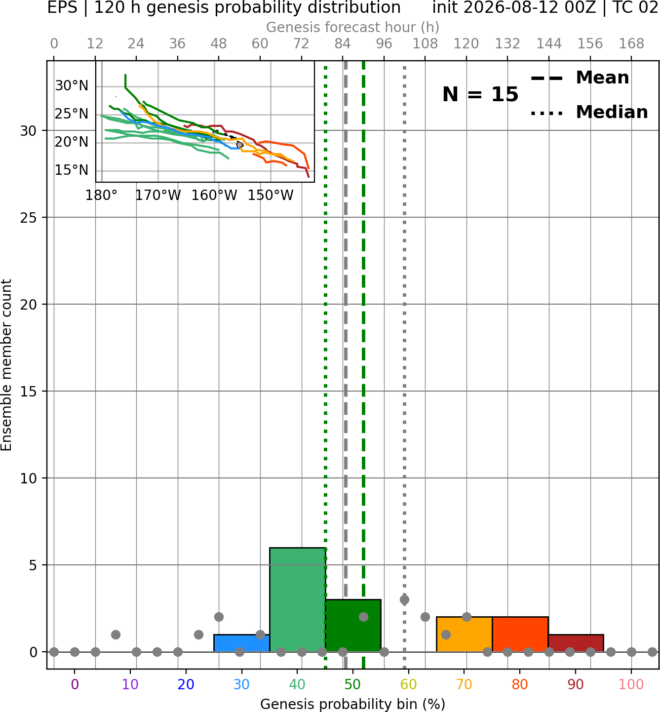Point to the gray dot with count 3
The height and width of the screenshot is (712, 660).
click(404, 599)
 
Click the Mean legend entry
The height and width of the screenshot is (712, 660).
click(580, 78)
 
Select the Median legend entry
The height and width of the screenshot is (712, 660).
click(589, 112)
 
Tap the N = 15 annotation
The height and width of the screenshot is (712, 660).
click(480, 94)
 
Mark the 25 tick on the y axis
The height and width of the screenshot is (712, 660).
click(29, 218)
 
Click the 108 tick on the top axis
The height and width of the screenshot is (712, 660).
click(425, 44)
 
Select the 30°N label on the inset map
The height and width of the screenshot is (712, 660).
click(72, 86)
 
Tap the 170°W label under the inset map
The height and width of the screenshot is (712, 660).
click(158, 196)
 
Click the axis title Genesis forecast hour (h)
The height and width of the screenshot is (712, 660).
click(353, 27)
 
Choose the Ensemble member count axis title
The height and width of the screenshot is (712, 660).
click(6, 365)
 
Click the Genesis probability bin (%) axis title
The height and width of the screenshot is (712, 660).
click(353, 704)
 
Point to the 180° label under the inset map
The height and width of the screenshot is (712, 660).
click(102, 196)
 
